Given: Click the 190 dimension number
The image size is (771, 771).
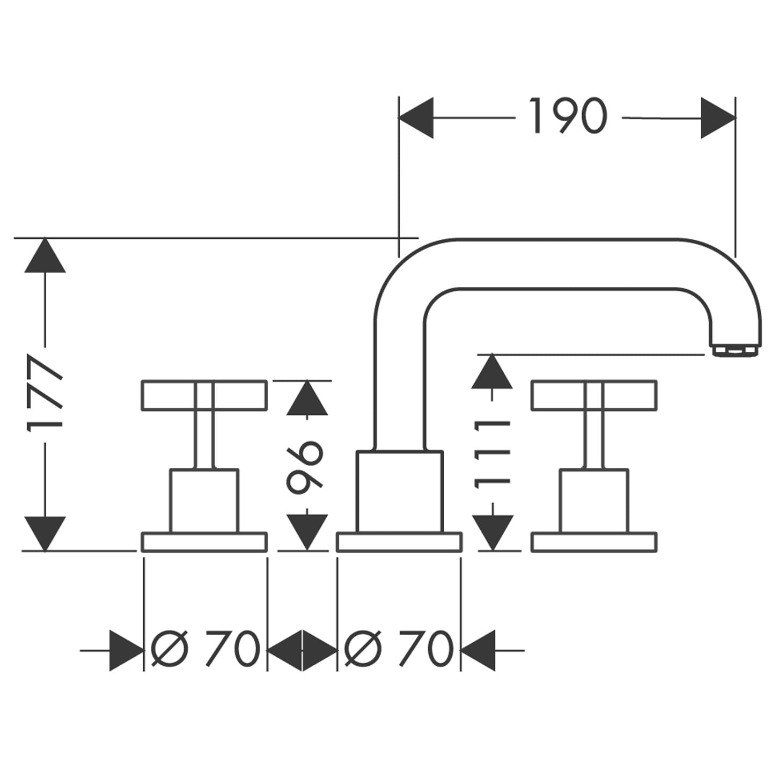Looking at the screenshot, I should point(568,116).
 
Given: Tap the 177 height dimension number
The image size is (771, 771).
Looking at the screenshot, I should point(45,393).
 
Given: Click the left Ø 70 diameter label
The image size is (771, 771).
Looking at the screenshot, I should point(205,649).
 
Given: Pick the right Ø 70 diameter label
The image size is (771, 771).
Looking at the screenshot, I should point(399,649).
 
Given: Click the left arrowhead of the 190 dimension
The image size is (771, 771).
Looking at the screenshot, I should point(416,118).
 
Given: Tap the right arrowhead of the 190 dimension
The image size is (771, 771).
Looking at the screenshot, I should point(717,118).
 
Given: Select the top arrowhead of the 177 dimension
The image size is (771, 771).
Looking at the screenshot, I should point(45,256).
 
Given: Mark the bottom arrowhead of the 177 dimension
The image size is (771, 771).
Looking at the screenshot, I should point(45,532).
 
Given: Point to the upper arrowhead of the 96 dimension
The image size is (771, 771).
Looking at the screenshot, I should point(307,398).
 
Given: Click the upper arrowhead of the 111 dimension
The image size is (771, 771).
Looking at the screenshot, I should point(491,371).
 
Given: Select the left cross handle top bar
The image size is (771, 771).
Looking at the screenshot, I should point(204,396).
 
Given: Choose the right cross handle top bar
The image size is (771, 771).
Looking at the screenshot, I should point(593,396).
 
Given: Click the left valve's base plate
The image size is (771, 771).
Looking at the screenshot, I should point(204,542).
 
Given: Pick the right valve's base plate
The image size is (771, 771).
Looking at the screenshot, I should point(593,542).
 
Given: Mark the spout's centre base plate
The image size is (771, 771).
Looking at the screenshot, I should point(399,542).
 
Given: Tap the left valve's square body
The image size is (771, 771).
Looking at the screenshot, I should point(204,500).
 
